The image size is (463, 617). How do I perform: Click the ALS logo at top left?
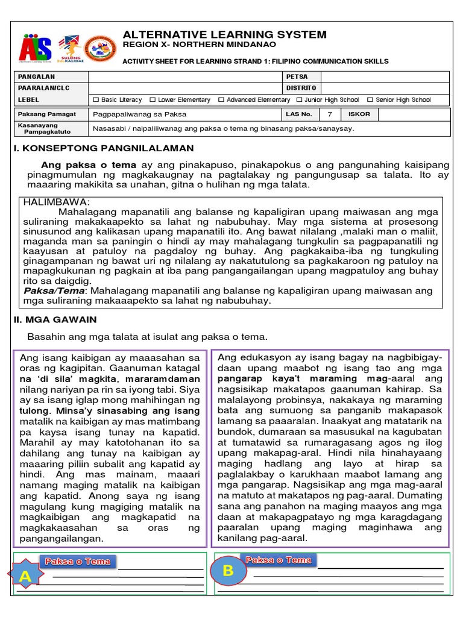(35, 46)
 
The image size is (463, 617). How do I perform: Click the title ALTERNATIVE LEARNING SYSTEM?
(224, 34)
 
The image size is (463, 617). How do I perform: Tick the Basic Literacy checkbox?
(96, 100)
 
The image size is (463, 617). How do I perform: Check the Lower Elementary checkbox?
(153, 100)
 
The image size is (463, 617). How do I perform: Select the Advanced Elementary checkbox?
(221, 100)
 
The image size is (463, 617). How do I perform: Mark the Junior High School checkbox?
(299, 100)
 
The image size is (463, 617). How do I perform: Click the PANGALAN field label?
(36, 77)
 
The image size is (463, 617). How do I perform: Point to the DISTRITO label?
(301, 88)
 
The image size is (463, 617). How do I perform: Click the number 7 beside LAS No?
(329, 114)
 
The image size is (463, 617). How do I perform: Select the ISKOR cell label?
(359, 114)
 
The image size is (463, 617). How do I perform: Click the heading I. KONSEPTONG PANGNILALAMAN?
(104, 148)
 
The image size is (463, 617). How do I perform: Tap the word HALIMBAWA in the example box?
(56, 202)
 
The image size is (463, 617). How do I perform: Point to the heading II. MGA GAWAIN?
(55, 319)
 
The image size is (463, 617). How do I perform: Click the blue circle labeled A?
(25, 576)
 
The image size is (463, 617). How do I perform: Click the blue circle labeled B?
(228, 571)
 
